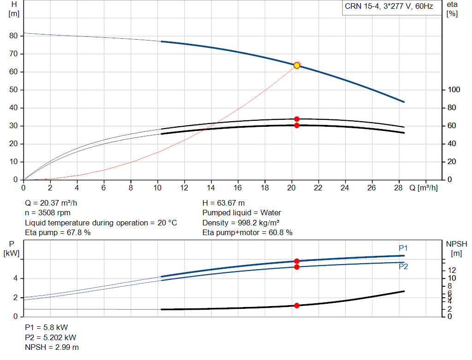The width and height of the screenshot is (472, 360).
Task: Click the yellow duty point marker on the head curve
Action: click(x=297, y=65)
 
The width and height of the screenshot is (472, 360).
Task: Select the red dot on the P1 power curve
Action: click(x=297, y=261)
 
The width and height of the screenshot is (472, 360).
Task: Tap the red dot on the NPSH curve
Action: click(x=297, y=306)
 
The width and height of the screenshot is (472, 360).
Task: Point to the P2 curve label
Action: click(x=403, y=267)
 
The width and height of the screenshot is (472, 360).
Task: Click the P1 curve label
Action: click(x=403, y=248)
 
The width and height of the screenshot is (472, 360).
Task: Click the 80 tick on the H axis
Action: click(x=13, y=36)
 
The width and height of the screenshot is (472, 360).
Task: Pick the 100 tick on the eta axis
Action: click(x=454, y=90)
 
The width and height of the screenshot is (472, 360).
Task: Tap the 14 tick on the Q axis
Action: click(x=211, y=188)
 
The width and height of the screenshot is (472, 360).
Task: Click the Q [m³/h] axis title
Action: click(x=424, y=188)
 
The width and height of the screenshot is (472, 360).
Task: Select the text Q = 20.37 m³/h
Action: click(x=51, y=203)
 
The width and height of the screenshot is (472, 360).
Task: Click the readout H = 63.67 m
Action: click(x=224, y=203)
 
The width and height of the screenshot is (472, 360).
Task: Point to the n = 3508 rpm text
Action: click(x=47, y=213)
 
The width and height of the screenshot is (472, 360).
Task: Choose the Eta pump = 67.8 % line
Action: click(x=58, y=233)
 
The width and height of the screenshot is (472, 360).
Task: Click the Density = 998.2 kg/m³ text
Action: click(x=241, y=223)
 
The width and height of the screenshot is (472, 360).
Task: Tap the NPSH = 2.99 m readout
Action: click(x=52, y=348)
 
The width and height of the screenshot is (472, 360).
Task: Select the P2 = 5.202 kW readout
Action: click(x=51, y=337)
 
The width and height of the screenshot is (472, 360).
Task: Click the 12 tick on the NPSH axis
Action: click(x=452, y=270)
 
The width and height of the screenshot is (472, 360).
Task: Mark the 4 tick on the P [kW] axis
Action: click(x=15, y=278)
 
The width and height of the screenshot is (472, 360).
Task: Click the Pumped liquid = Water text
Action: click(x=242, y=213)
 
